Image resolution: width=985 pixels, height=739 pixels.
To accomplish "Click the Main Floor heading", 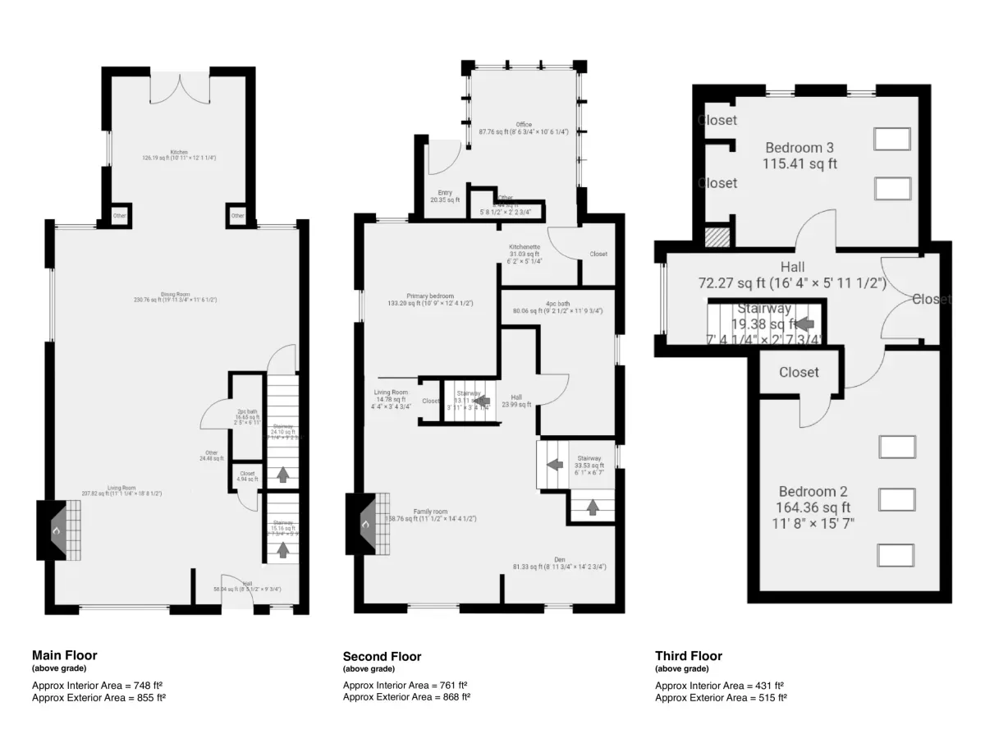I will (x=64, y=655).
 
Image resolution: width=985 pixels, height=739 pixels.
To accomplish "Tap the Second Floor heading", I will (x=382, y=656).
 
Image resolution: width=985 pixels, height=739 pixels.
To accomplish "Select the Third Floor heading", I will (x=688, y=655).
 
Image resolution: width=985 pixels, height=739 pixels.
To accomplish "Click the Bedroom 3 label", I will (x=799, y=148).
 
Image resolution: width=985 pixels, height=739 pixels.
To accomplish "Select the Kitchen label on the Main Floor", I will (x=179, y=152).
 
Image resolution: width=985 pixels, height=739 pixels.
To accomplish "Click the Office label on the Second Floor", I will (x=524, y=125).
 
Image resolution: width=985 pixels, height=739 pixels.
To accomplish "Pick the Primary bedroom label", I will (x=430, y=296).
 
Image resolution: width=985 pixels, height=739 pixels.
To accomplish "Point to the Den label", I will (x=559, y=559).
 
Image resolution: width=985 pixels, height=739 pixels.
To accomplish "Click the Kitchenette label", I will (x=524, y=247).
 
